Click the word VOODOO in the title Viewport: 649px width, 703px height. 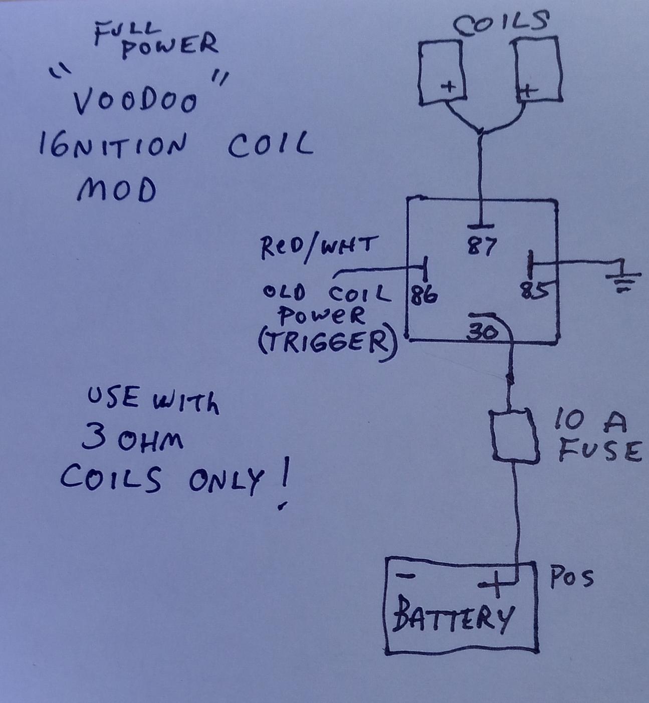pyautogui.click(x=134, y=102)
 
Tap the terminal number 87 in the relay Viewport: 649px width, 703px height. pyautogui.click(x=482, y=246)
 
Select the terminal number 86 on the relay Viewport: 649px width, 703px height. pyautogui.click(x=424, y=295)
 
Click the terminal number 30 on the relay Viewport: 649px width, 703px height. pyautogui.click(x=482, y=332)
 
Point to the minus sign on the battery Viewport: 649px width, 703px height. pyautogui.click(x=405, y=576)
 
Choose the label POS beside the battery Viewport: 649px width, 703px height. pyautogui.click(x=571, y=577)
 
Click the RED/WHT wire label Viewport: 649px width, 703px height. pyautogui.click(x=316, y=247)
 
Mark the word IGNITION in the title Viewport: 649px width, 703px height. pyautogui.click(x=113, y=146)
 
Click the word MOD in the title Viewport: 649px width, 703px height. pyautogui.click(x=116, y=191)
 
